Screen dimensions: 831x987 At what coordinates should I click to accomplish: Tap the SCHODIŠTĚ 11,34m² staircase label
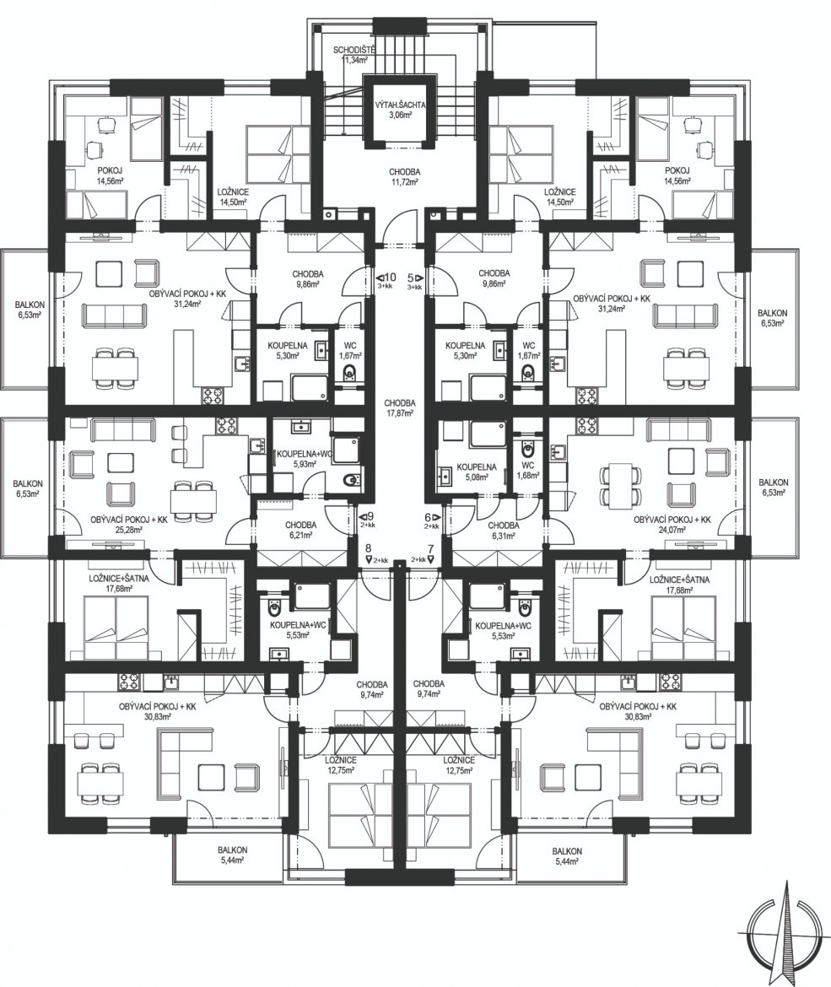[355, 56]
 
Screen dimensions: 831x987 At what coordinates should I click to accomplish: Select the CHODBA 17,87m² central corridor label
[400, 408]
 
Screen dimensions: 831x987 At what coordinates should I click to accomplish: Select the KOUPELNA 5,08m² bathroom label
[477, 472]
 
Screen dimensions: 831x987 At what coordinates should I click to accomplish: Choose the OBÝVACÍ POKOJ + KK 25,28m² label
[128, 525]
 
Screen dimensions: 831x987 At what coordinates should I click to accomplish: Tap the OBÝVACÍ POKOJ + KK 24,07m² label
[672, 525]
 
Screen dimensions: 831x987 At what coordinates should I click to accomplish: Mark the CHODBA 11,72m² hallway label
[404, 176]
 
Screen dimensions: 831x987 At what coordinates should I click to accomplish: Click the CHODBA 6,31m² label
[503, 530]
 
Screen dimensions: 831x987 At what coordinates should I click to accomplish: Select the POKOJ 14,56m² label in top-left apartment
[110, 175]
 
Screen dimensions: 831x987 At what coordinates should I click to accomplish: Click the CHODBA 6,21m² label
[300, 530]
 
